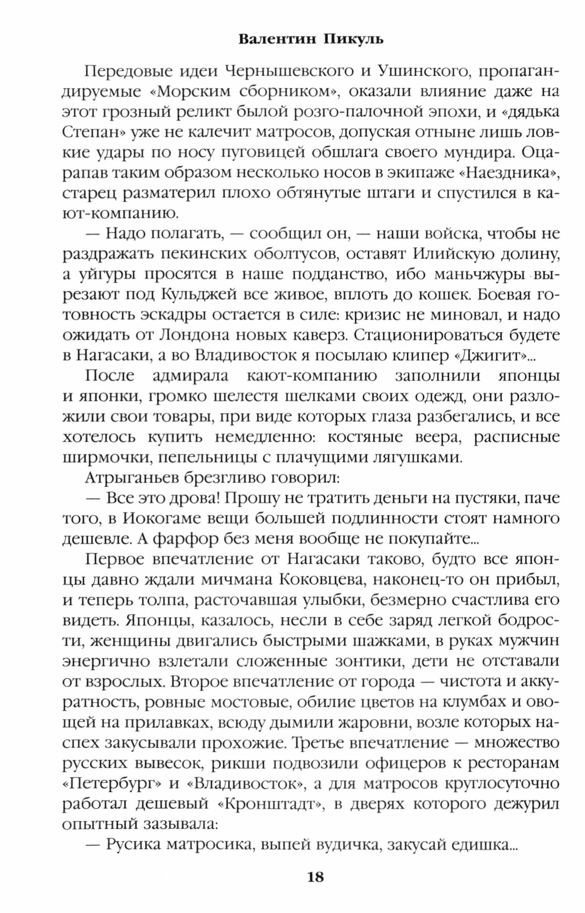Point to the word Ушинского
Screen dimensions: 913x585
coord(419,72)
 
